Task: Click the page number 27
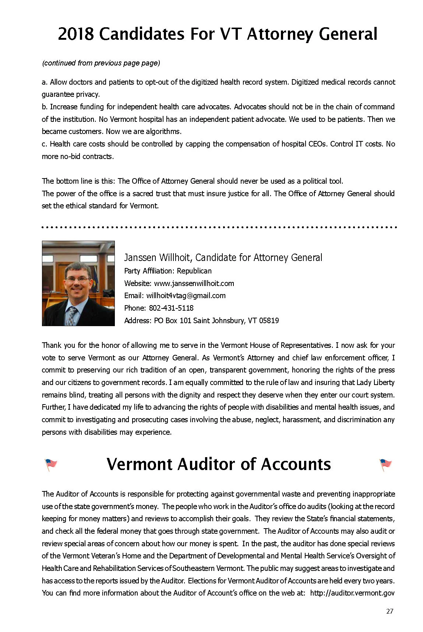[389, 611]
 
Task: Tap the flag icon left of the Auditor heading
[51, 464]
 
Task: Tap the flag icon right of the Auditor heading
[385, 464]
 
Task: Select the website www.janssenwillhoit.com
[194, 283]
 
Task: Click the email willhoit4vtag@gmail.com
[186, 296]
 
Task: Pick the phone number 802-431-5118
[171, 308]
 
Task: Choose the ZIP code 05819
[269, 321]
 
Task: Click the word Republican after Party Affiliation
[194, 271]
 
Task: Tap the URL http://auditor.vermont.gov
[352, 593]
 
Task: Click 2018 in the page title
[76, 34]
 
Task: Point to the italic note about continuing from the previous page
[101, 63]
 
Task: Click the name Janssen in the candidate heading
[140, 258]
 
